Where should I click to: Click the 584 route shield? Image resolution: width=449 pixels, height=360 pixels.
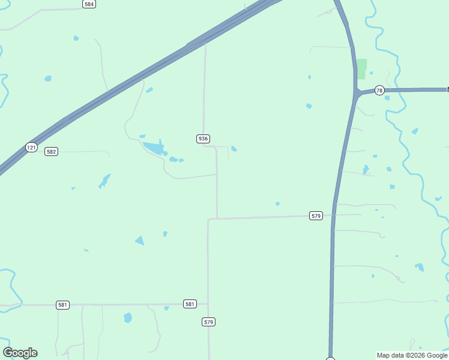coord(89,4)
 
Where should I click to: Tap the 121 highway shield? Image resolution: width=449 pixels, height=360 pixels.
coord(31,147)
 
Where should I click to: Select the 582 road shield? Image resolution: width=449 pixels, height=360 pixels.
coord(51,152)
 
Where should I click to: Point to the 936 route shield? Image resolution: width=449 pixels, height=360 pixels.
coord(203,139)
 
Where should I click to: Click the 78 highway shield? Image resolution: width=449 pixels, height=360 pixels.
coord(379,91)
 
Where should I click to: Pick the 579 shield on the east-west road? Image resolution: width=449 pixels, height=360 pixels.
coord(316,215)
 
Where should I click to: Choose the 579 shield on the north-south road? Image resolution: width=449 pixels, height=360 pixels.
coord(208,322)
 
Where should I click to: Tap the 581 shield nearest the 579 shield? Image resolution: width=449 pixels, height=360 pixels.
coord(190,304)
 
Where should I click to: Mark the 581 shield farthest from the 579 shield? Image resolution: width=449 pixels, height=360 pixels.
coord(62,305)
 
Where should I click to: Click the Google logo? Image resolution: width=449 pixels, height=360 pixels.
coord(20,353)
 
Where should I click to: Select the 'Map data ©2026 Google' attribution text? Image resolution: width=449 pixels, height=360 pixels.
coord(412,356)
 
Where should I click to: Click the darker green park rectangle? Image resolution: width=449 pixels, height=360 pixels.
coord(361,68)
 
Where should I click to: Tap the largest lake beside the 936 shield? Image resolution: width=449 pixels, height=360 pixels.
coord(155,147)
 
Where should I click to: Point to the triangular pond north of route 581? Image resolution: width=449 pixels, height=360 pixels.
coord(140,241)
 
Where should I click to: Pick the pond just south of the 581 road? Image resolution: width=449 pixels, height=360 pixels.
coord(127,317)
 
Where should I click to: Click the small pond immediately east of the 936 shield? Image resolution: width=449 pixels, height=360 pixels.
coord(234,148)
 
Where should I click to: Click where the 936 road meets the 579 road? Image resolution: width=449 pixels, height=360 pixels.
coord(217,218)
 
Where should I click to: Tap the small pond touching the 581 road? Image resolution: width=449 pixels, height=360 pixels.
coord(166,308)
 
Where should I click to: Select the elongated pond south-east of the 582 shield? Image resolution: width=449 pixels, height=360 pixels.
coord(105,180)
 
